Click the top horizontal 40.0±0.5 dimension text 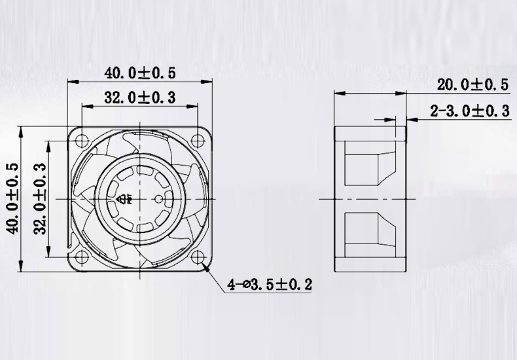click(139, 73)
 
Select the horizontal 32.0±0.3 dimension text click(139, 98)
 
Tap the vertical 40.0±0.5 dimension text click(11, 198)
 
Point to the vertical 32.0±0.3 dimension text click(39, 198)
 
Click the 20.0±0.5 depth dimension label click(472, 84)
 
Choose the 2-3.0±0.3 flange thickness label click(469, 111)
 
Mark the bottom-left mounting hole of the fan click(82, 256)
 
